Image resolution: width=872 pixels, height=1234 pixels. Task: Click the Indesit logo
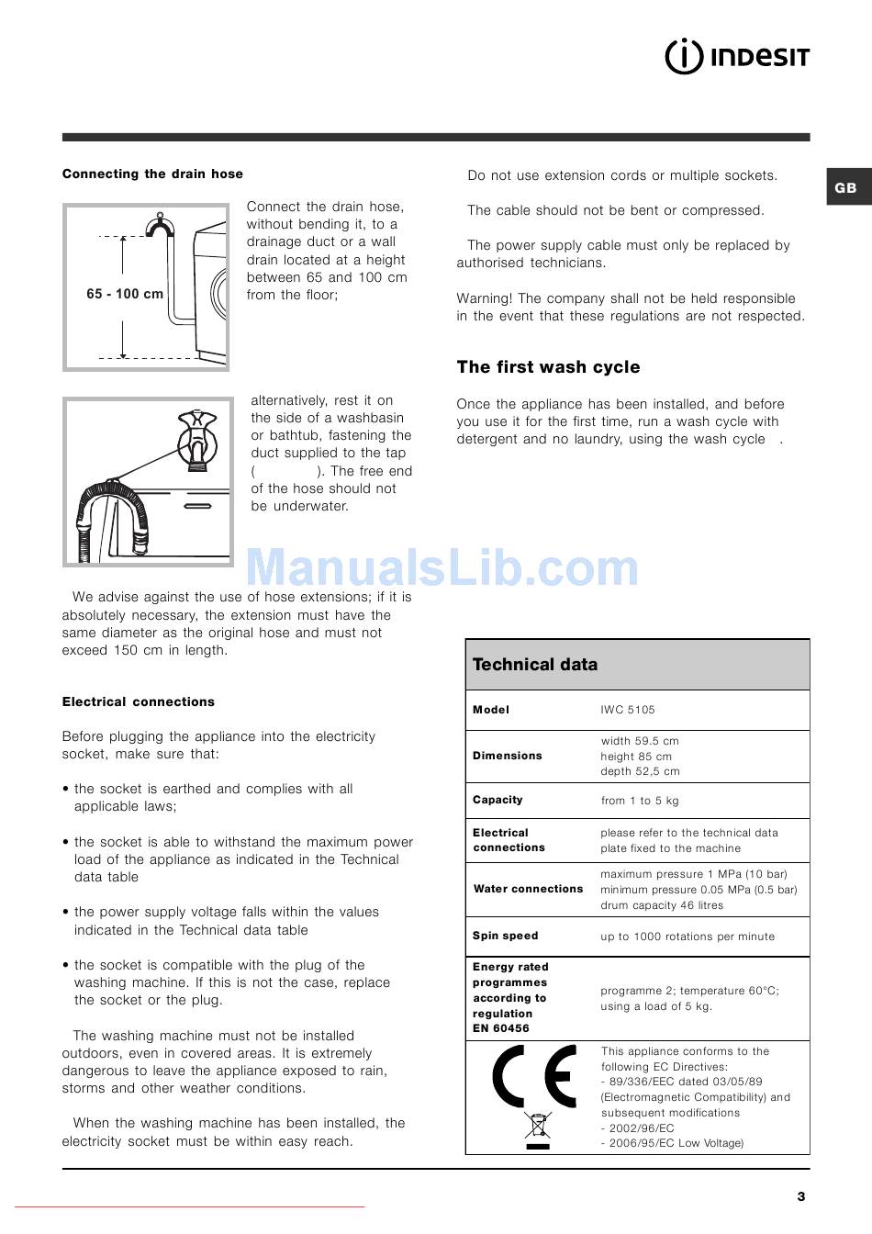[x=737, y=58]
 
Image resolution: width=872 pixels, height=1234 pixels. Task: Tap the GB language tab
[x=845, y=187]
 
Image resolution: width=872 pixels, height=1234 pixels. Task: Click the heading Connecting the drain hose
[x=152, y=174]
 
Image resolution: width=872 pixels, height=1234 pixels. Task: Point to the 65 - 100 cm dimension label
[x=125, y=294]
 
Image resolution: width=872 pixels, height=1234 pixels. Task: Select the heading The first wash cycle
[x=548, y=367]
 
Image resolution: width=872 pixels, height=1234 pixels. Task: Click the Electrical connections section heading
[x=139, y=701]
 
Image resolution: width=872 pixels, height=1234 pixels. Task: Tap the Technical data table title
[x=535, y=664]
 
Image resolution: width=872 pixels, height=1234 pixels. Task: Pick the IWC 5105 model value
[x=628, y=710]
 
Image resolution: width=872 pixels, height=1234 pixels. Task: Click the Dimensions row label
[x=508, y=756]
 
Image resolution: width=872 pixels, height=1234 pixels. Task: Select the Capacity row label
[x=497, y=800]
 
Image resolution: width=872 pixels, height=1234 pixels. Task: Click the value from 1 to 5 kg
[x=640, y=801]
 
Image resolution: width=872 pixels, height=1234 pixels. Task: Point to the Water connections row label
[x=528, y=889]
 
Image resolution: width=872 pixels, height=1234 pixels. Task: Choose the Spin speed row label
[x=505, y=936]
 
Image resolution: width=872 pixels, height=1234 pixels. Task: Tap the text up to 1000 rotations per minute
[x=688, y=937]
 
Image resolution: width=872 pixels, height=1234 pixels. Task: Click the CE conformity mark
[x=534, y=1076]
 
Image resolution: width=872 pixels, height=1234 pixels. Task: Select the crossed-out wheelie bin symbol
[x=537, y=1127]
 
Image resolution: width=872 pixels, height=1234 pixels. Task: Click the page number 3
[x=800, y=1195]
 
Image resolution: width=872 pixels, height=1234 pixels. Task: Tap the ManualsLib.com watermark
[x=442, y=568]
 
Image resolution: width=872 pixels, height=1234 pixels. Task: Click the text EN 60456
[x=501, y=1028]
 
